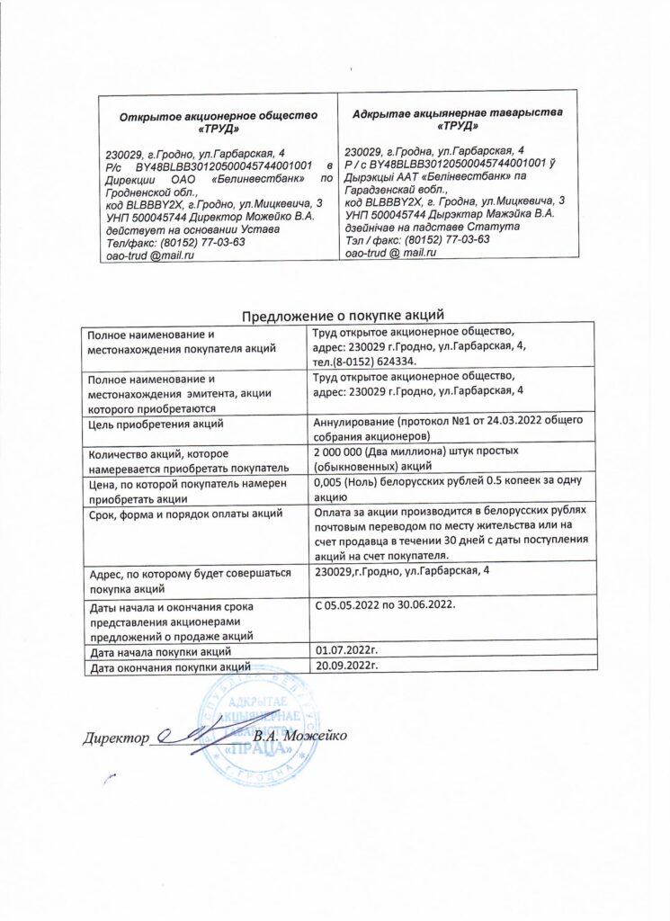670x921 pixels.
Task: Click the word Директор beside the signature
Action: [114, 739]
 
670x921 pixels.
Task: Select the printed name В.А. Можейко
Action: [299, 738]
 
